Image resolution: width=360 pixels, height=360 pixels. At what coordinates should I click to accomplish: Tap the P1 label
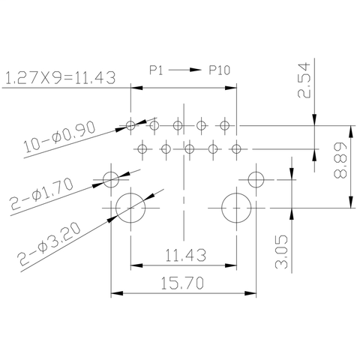click(156, 70)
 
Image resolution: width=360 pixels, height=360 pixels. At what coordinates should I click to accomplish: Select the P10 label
click(219, 70)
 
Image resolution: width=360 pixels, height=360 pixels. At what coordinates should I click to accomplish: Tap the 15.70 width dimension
click(183, 283)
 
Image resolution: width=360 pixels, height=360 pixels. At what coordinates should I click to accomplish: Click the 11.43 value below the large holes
click(183, 256)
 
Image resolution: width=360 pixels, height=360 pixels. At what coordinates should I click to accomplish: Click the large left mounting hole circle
click(131, 208)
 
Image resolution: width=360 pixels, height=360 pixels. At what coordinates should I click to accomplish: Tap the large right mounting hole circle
click(235, 208)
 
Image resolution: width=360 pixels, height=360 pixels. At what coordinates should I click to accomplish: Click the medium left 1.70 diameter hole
click(112, 179)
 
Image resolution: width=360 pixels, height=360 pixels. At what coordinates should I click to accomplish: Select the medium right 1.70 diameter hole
click(256, 179)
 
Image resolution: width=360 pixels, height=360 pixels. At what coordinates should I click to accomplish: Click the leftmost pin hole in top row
click(131, 124)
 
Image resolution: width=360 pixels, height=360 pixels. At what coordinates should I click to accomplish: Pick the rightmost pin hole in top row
click(224, 124)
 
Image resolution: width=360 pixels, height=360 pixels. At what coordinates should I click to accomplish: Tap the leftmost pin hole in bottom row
click(142, 149)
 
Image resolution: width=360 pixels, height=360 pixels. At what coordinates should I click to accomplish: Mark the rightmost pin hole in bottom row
click(235, 149)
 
